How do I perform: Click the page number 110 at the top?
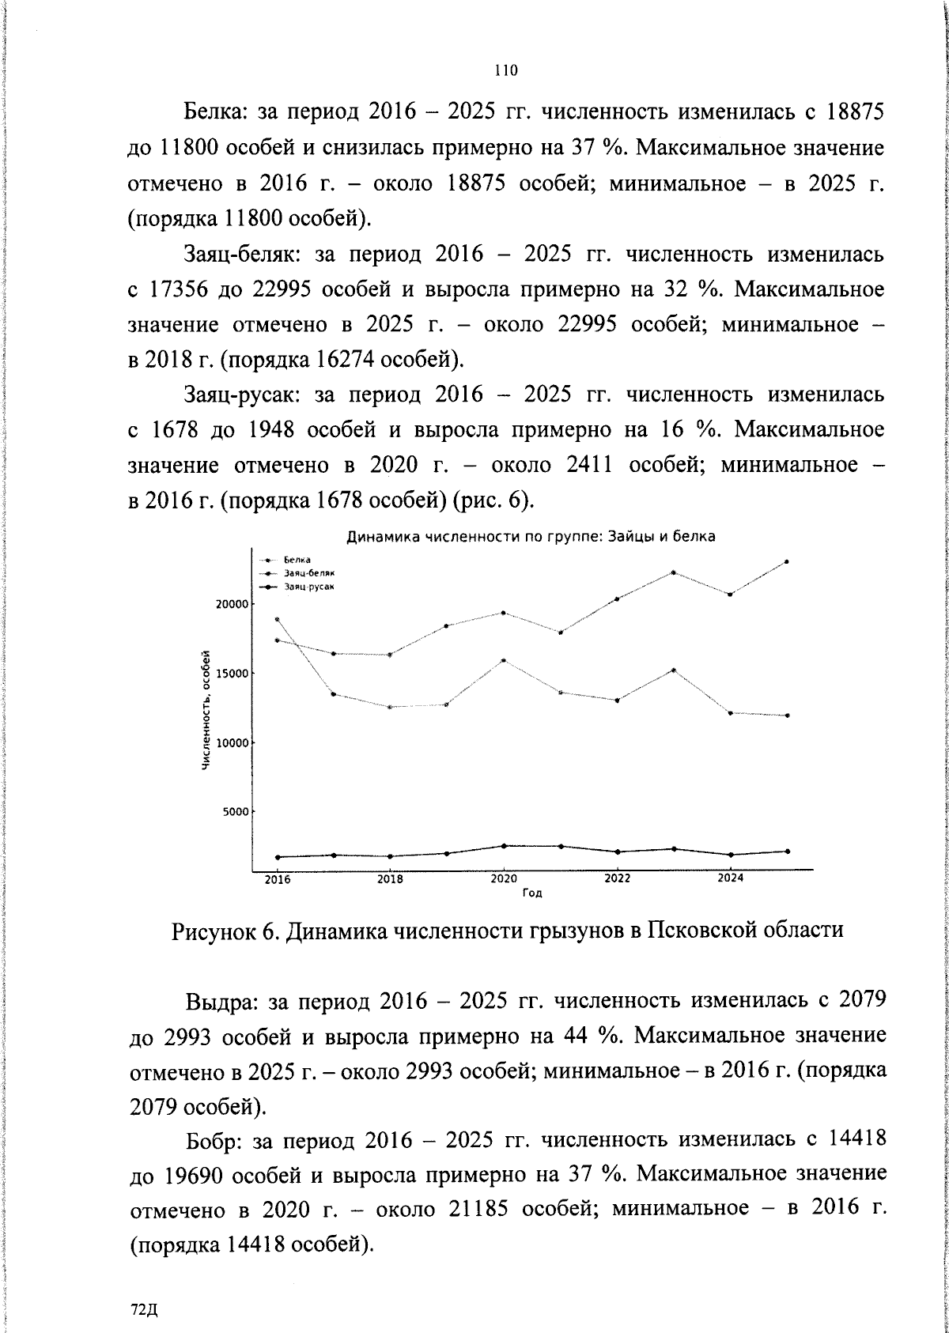coord(505,70)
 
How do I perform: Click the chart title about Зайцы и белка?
coord(531,537)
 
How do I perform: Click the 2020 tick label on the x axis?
coord(503,878)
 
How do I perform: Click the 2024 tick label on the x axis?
coord(729,878)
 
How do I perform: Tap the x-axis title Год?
coord(532,893)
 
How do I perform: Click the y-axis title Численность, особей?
coord(206,710)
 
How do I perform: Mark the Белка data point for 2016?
coord(277,619)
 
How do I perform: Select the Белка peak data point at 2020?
coord(504,660)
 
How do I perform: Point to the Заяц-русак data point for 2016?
coord(277,857)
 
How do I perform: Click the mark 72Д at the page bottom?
coord(145,1309)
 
